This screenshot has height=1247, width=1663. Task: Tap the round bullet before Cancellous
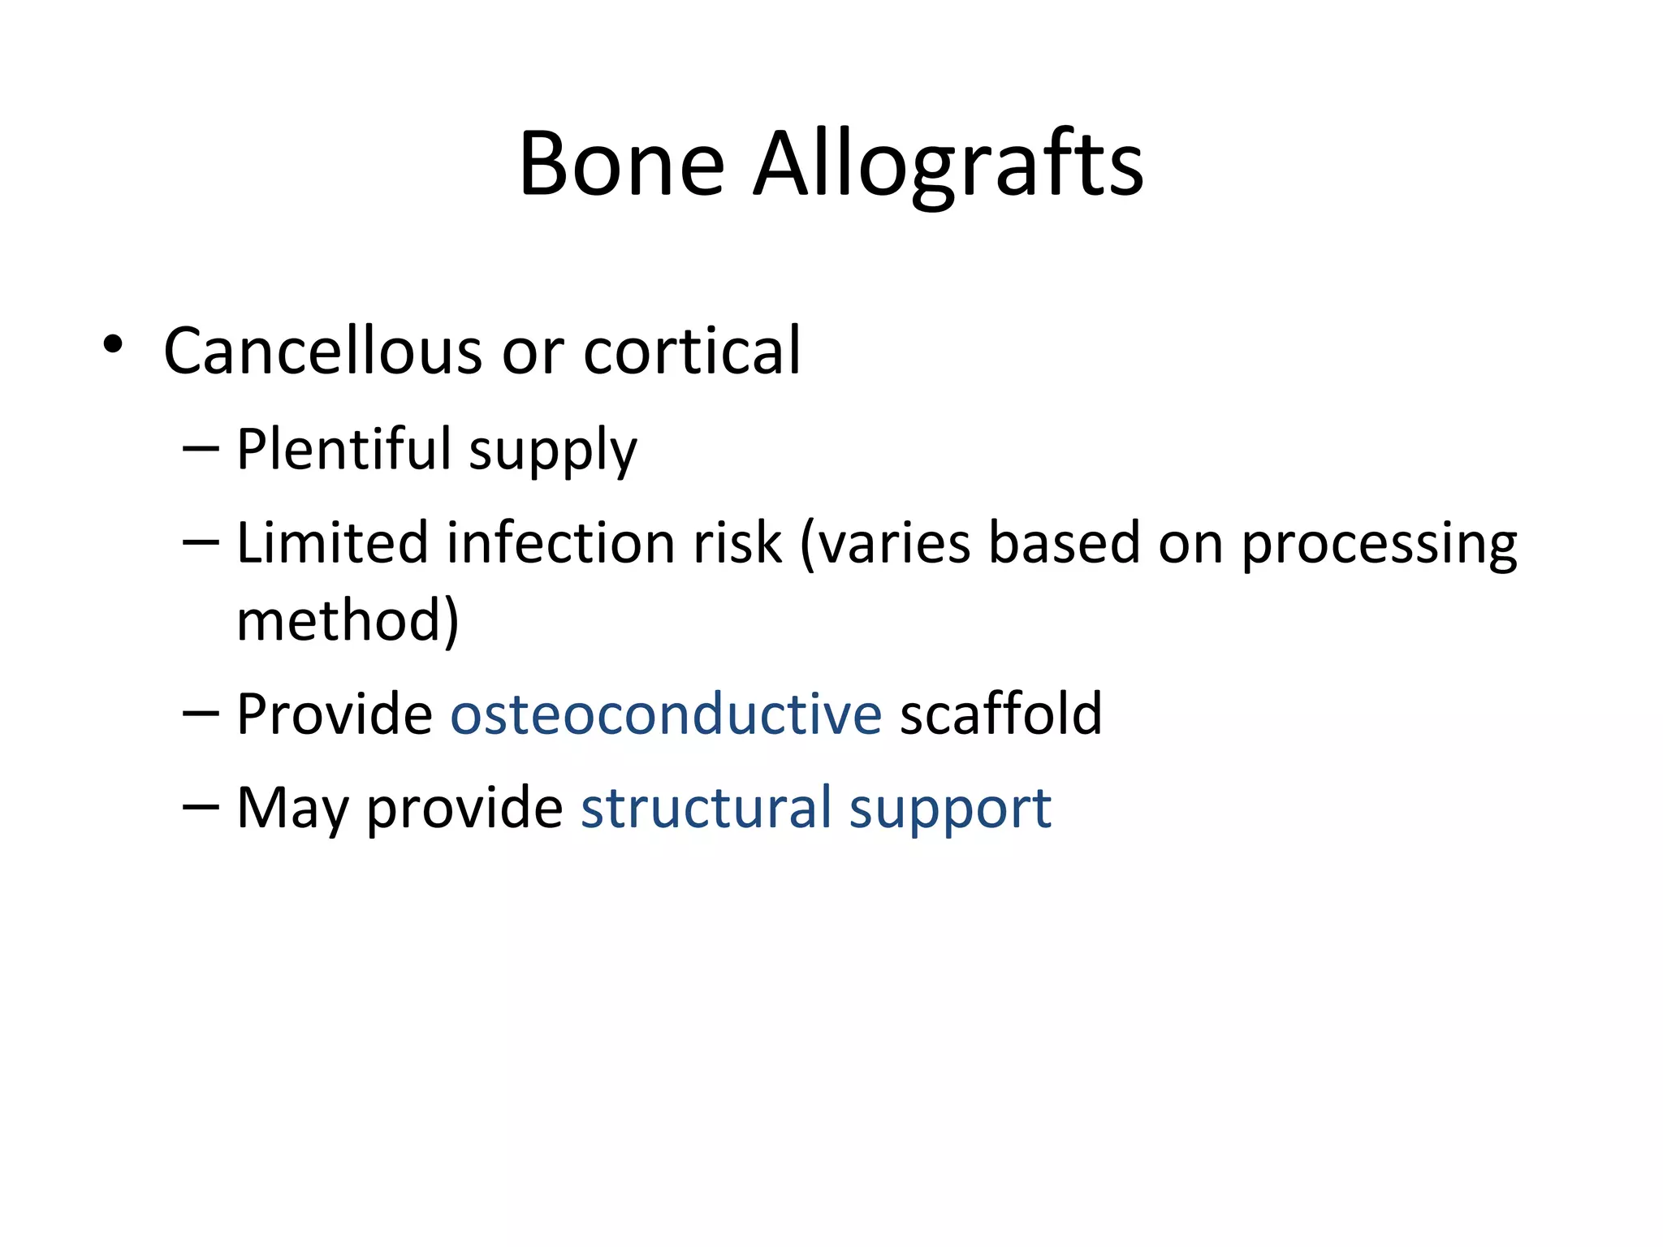pyautogui.click(x=113, y=345)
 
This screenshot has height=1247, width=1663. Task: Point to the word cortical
pyautogui.click(x=692, y=351)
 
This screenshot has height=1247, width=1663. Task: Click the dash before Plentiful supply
pyautogui.click(x=201, y=449)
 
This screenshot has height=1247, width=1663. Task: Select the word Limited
pyautogui.click(x=331, y=542)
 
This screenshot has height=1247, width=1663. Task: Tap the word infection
pyautogui.click(x=561, y=542)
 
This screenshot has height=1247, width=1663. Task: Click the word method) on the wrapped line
pyautogui.click(x=348, y=620)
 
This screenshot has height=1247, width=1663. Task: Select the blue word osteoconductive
pyautogui.click(x=666, y=714)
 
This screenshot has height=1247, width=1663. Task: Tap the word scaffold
pyautogui.click(x=1000, y=714)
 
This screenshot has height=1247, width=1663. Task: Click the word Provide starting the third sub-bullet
pyautogui.click(x=335, y=714)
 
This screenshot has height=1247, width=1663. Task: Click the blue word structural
pyautogui.click(x=706, y=809)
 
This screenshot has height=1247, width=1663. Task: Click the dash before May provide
pyautogui.click(x=201, y=807)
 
